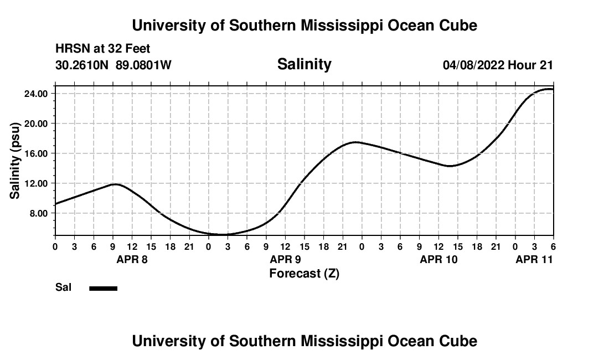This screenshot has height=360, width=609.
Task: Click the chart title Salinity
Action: click(304, 64)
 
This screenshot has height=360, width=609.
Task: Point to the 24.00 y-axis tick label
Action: click(35, 94)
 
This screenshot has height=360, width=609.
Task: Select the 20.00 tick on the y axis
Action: click(35, 124)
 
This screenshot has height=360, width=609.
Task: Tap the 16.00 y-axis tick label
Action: click(35, 153)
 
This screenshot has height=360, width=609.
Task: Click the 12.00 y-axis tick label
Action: click(35, 183)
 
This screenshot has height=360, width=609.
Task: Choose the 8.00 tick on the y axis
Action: click(37, 213)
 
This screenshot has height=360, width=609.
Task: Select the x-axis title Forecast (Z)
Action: click(304, 274)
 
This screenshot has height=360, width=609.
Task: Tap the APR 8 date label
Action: click(132, 259)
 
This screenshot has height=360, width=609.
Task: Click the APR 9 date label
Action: click(285, 259)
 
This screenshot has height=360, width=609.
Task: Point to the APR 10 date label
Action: click(438, 259)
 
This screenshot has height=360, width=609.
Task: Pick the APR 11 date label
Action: click(534, 259)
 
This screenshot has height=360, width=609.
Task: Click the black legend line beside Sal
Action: click(104, 288)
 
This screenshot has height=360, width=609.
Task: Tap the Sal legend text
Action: click(64, 287)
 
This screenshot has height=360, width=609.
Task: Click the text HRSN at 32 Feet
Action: click(103, 49)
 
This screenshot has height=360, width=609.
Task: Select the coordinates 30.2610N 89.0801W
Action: click(113, 65)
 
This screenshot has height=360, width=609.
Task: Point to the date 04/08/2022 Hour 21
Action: click(498, 65)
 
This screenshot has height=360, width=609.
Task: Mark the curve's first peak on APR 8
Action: click(116, 184)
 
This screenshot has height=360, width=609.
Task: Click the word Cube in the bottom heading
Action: click(457, 341)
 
